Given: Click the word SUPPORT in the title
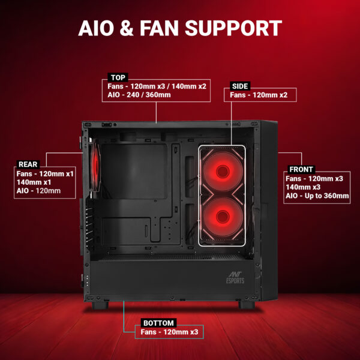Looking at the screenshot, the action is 233,28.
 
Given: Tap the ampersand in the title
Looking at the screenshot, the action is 126,28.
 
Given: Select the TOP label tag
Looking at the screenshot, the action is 118,77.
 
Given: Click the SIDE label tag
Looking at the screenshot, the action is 240,86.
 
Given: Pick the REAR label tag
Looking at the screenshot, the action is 28,164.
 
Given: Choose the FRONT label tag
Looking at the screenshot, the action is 301,169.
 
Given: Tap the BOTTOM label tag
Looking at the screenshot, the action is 158,323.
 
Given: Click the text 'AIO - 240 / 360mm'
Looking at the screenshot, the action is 139,95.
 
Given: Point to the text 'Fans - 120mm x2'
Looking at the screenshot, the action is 259,95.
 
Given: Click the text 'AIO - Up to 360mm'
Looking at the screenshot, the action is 317,196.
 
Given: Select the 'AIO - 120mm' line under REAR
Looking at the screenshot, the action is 38,191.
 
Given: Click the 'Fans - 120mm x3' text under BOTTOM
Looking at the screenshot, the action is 169,332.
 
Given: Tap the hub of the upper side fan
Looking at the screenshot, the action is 223,171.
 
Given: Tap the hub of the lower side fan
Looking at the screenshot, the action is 223,217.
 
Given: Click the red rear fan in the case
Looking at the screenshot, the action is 95,166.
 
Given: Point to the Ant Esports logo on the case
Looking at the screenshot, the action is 235,277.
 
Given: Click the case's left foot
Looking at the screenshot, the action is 100,305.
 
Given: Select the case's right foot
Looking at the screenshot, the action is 247,305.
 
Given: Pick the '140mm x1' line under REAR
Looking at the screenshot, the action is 34,182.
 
